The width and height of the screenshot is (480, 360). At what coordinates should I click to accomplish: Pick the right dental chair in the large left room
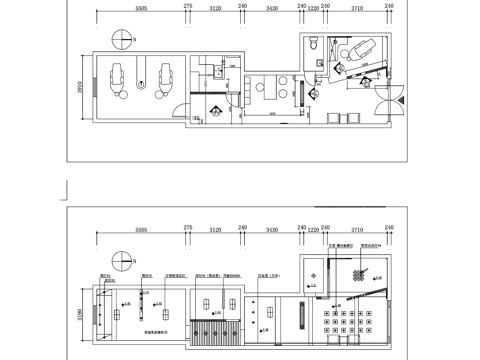click(x=166, y=77)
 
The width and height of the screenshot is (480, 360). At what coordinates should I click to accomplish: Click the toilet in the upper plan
click(x=314, y=43)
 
